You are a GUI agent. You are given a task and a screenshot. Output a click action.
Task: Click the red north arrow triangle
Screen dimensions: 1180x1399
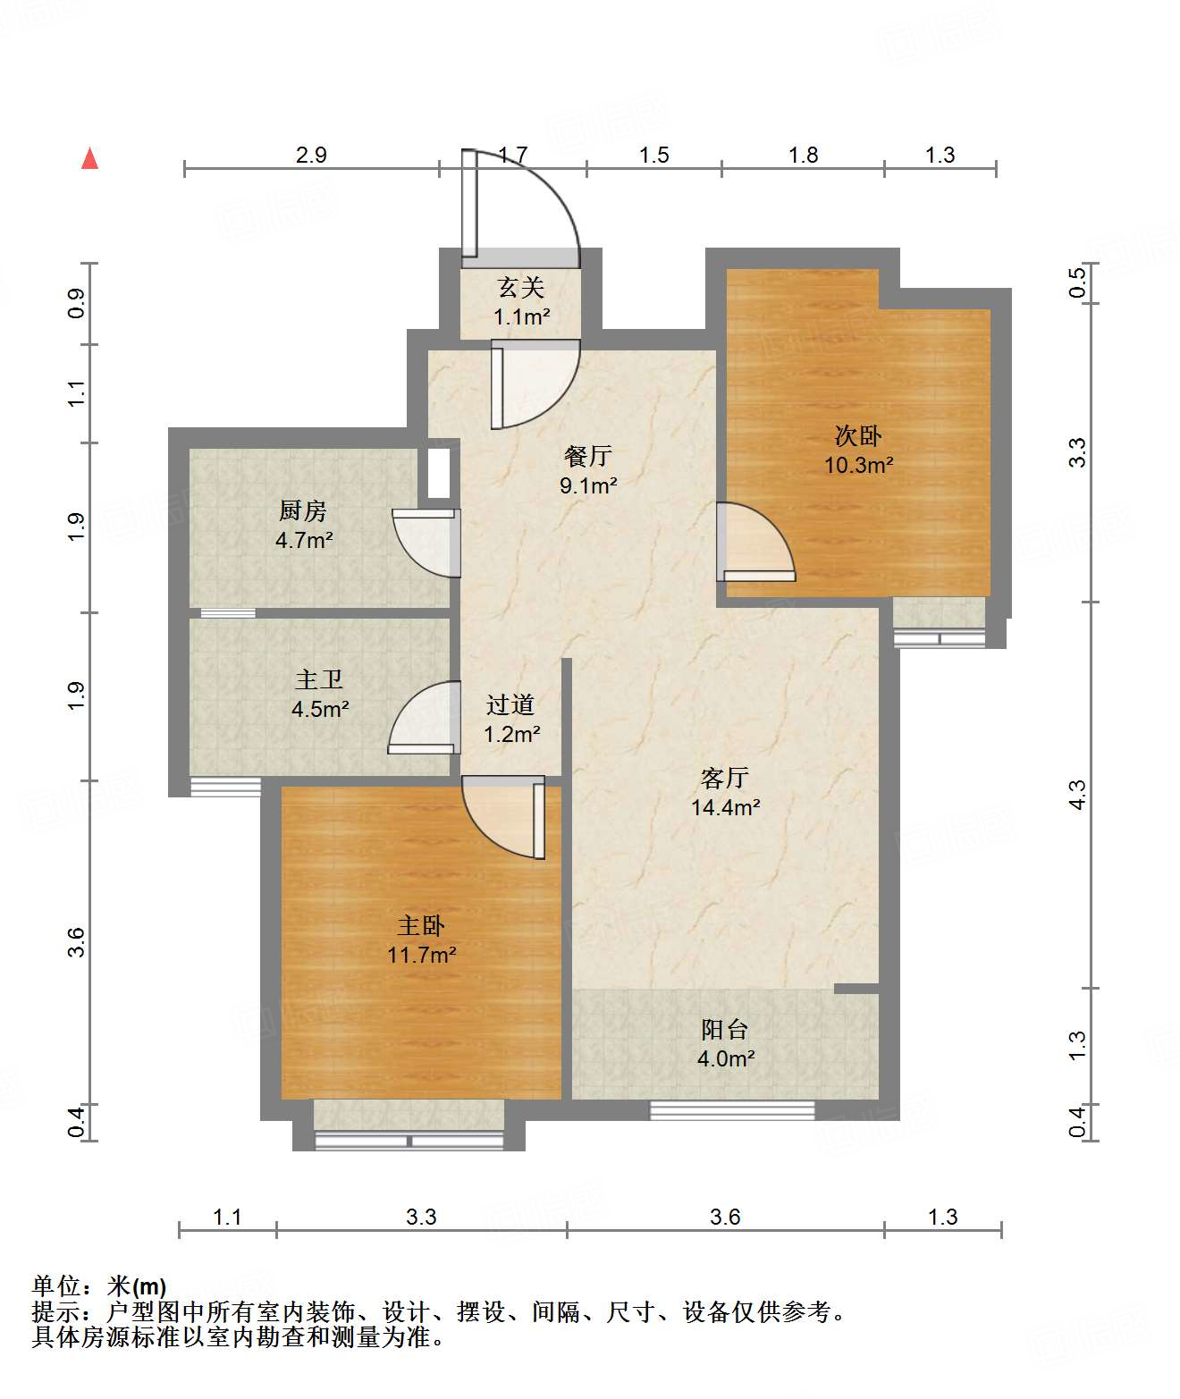[x=89, y=159]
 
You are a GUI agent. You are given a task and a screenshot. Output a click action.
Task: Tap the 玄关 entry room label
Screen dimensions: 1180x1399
[x=520, y=288]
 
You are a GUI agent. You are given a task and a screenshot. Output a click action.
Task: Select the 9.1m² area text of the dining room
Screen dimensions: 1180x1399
[x=588, y=485]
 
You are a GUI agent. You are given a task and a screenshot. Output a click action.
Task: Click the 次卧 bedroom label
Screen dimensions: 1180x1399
[x=857, y=436]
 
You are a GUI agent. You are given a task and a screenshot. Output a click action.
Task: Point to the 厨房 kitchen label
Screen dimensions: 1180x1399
[x=303, y=511]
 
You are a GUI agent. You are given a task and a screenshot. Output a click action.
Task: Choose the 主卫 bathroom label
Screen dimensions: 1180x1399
[x=319, y=680]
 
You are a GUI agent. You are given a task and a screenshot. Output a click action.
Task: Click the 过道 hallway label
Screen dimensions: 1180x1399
[x=510, y=704]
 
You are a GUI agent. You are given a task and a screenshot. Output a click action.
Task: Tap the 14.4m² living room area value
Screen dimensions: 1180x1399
[x=726, y=807]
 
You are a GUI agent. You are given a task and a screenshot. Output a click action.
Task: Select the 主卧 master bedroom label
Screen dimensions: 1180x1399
[x=421, y=926]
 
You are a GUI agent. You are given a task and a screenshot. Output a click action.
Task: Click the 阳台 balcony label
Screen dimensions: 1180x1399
[x=724, y=1030]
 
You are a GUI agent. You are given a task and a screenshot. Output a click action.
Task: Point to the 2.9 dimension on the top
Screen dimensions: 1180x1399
[x=312, y=155]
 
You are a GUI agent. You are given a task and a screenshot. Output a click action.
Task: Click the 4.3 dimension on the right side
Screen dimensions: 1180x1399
[x=1076, y=796]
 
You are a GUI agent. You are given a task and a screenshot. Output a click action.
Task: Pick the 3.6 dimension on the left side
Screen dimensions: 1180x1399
[x=76, y=942]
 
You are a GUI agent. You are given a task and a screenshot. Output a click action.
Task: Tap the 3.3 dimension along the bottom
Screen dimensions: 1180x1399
[x=421, y=1216]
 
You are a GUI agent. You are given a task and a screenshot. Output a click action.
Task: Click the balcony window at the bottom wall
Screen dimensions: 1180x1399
[x=732, y=1111]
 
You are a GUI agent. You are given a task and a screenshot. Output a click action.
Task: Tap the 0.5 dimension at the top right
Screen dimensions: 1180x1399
[x=1076, y=282]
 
